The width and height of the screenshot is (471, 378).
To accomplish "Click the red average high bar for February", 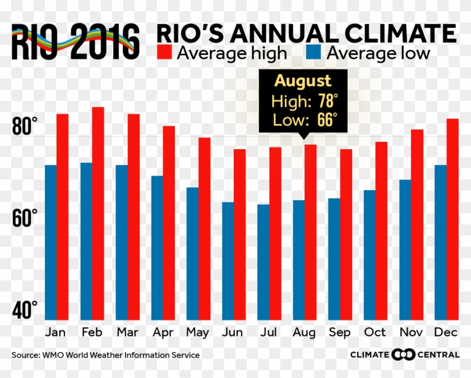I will coord(98,213).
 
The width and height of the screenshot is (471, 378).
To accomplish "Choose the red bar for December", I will coord(452,219).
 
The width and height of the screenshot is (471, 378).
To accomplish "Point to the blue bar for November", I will coord(405,250).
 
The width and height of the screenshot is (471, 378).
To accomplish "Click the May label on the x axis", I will coord(198,332).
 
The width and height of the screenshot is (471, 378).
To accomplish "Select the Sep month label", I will coord(340,332).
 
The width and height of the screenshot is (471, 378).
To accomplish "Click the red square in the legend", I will coord(164,53).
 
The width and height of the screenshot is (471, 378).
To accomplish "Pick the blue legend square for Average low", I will coord(313,53).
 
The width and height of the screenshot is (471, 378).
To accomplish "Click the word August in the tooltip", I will coord(303,81).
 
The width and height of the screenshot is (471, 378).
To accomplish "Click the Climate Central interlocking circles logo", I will coord(403,354).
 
